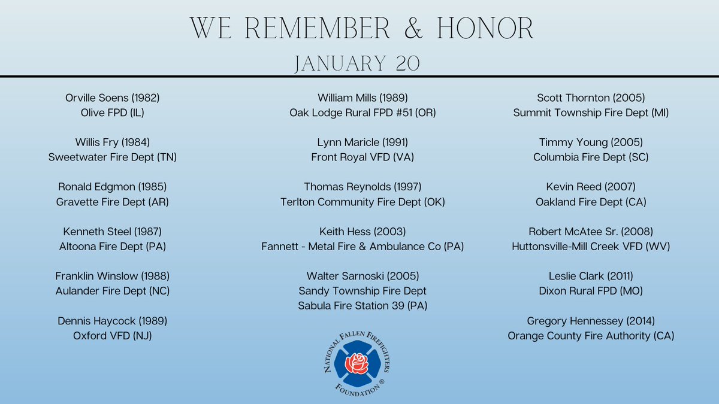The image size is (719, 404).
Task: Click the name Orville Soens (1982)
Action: (113, 98)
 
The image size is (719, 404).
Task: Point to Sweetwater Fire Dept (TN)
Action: (113, 157)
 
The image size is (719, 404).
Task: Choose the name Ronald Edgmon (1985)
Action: (113, 187)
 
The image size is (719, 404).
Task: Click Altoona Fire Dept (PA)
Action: (113, 246)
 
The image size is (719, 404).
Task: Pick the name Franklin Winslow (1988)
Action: (113, 276)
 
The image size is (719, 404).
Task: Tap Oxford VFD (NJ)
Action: (113, 336)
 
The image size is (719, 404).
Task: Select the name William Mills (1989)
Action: (362, 98)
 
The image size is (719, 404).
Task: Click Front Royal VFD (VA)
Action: (362, 157)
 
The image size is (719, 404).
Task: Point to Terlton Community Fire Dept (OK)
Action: (362, 202)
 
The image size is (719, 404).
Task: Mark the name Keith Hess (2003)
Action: (362, 231)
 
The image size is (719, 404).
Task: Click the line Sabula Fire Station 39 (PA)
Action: (362, 306)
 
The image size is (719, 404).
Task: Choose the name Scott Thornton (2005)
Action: (591, 98)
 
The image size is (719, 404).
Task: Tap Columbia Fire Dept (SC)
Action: (591, 157)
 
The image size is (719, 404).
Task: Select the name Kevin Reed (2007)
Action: (591, 187)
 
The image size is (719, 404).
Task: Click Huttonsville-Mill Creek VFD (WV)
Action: (591, 246)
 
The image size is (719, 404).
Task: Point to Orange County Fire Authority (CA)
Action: (591, 336)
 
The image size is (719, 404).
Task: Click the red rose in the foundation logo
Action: (358, 362)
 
